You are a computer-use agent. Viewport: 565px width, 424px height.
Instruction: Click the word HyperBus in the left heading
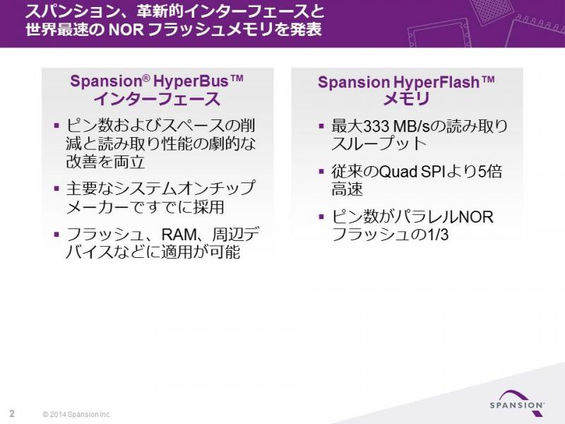pos(191,81)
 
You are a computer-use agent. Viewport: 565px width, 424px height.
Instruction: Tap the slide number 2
pos(12,413)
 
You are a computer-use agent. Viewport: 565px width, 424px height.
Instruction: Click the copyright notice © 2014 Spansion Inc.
pos(77,414)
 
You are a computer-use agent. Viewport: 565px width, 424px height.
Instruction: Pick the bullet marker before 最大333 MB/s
pos(322,126)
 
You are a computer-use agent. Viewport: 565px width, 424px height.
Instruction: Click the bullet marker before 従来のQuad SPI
pos(322,171)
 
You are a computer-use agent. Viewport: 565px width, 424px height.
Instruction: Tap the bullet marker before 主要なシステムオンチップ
pos(56,188)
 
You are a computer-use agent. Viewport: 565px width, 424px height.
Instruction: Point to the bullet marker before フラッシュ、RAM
pos(56,235)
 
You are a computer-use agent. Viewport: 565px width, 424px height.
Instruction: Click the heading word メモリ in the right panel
pos(407,99)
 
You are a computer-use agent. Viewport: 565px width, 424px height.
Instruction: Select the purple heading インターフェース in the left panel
pos(157,99)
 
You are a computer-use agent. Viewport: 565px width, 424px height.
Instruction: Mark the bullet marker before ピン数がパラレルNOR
pos(322,217)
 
